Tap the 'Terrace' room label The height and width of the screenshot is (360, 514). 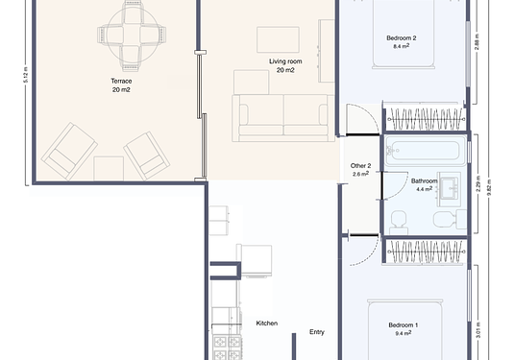click(121, 82)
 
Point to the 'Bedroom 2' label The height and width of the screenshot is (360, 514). click(401, 38)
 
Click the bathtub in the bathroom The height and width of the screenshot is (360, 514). click(423, 151)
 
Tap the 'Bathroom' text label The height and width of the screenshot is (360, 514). click(424, 180)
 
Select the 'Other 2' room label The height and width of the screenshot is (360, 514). click(360, 165)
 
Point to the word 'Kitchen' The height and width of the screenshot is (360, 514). click(266, 324)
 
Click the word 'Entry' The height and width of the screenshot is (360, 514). click(316, 332)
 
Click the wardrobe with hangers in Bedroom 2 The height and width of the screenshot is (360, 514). click(425, 119)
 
